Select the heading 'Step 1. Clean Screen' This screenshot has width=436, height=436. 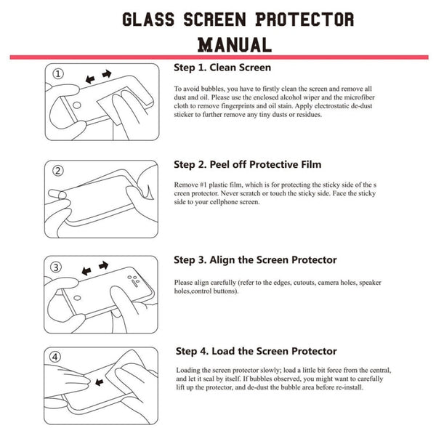pos(222,68)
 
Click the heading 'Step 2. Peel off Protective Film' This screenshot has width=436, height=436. pos(247,164)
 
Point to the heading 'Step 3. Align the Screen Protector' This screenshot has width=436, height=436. pos(255,259)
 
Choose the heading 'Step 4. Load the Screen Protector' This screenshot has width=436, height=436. pos(255,351)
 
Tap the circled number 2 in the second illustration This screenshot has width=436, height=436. pos(59,171)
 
